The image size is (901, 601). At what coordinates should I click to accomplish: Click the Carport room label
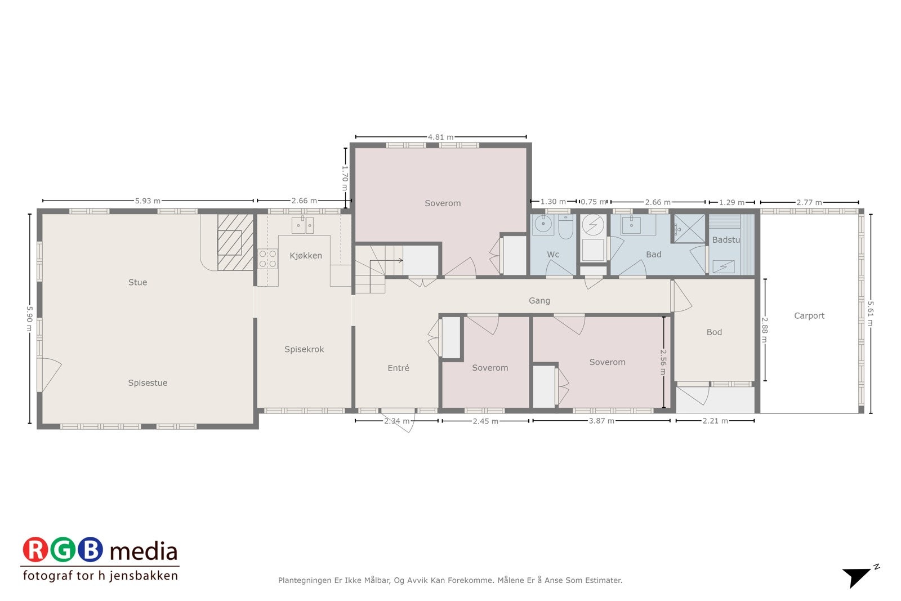pos(809,316)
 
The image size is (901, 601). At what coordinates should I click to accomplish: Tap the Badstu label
pos(726,240)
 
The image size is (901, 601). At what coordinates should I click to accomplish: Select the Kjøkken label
pos(306,256)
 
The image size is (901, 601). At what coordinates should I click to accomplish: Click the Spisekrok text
pos(304,349)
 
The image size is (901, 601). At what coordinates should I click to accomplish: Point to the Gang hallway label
pos(539,301)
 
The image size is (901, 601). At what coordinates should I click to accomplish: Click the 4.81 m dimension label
pos(440,137)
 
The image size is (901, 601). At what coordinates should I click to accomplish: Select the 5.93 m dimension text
pos(148,201)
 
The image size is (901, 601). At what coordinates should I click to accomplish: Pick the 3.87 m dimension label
pos(601,421)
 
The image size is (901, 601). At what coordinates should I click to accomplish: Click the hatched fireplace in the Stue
pos(235,242)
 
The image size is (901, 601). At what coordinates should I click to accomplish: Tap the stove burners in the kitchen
pos(267,259)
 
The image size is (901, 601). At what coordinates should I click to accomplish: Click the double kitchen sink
pos(302,225)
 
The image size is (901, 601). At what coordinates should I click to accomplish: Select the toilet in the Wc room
pos(565,228)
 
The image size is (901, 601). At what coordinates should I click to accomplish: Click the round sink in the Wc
pos(543,225)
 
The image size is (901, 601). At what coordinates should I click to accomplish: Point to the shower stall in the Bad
pos(689,229)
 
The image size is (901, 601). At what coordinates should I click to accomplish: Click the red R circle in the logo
pos(35,550)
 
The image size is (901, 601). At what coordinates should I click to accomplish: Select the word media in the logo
pos(144,551)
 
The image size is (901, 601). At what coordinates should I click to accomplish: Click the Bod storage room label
pos(713,332)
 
